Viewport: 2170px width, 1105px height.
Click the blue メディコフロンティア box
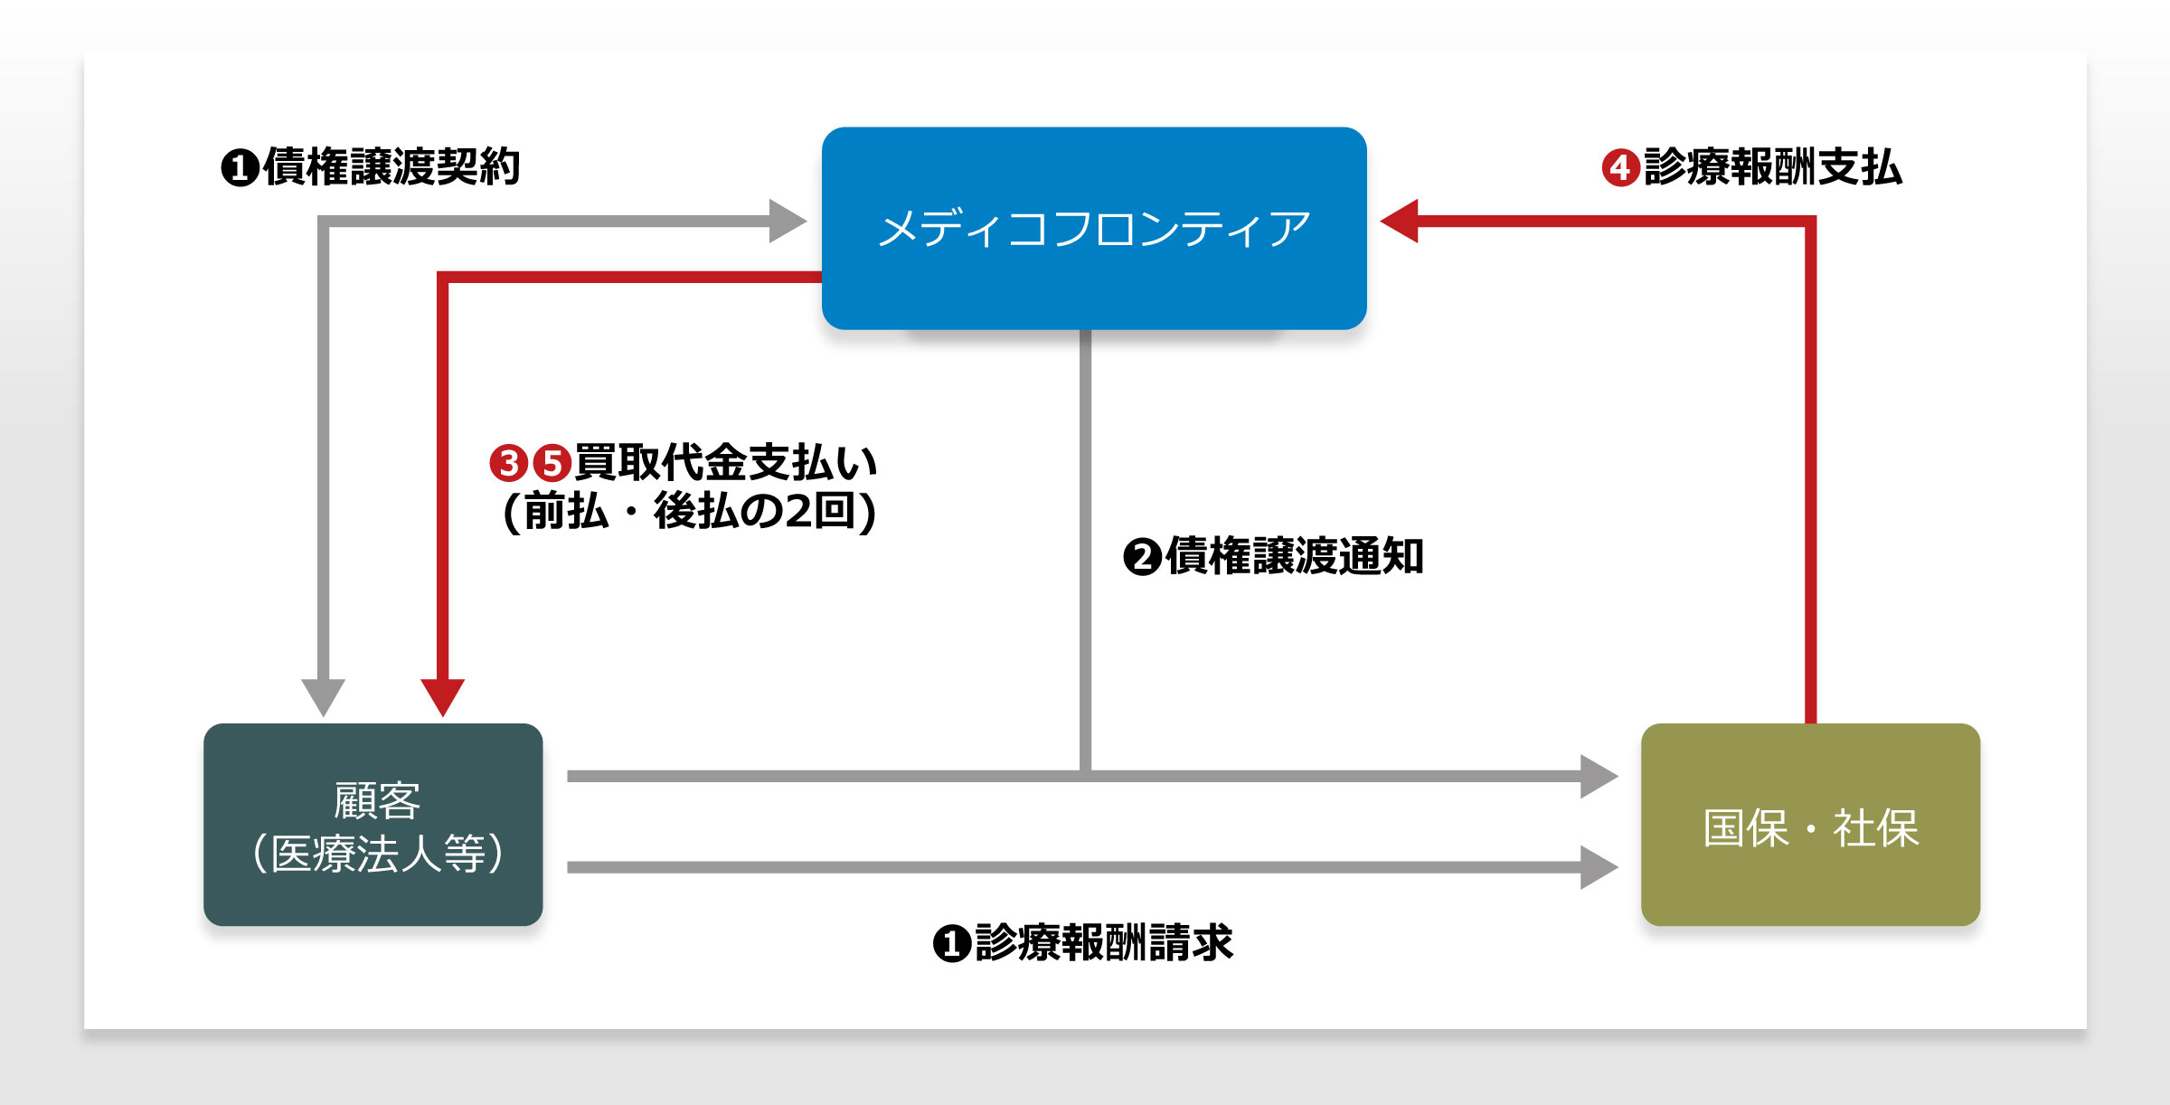pos(1094,228)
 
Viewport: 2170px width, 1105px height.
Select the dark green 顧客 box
pos(373,824)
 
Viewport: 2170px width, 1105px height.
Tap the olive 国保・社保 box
pos(1810,824)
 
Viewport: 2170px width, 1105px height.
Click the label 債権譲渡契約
pos(392,167)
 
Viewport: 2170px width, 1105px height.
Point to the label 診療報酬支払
pos(1773,167)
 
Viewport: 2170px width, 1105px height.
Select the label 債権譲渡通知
pos(1295,556)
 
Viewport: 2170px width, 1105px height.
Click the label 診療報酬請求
pos(1104,942)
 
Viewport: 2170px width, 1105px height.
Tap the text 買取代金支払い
pos(726,462)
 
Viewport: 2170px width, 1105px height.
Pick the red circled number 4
pos(1621,168)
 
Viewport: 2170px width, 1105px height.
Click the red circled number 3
pos(508,463)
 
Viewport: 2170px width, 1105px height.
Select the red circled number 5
pos(552,463)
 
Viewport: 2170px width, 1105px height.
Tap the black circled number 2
pos(1142,557)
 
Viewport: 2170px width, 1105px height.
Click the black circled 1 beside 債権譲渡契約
pos(241,168)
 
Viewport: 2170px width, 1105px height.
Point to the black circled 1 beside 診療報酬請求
pos(952,943)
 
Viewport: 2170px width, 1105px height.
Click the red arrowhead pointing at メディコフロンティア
pos(1399,221)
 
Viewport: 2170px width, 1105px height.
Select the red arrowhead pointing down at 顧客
pos(443,697)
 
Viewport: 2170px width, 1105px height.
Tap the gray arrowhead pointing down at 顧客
pos(323,697)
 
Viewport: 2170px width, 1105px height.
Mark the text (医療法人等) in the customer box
pos(378,854)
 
